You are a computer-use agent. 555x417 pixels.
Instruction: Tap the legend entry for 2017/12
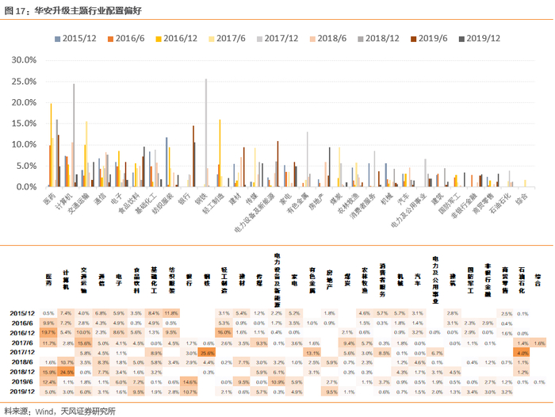point(281,37)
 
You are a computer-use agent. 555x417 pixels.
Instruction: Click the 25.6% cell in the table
point(208,351)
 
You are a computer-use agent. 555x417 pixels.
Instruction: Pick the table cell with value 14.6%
point(189,381)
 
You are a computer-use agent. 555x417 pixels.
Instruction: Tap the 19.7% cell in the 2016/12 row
point(48,332)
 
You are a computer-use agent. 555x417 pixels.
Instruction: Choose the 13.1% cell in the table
point(312,351)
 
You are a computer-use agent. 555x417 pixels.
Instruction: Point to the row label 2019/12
point(21,392)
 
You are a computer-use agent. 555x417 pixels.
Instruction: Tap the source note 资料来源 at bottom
point(59,410)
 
